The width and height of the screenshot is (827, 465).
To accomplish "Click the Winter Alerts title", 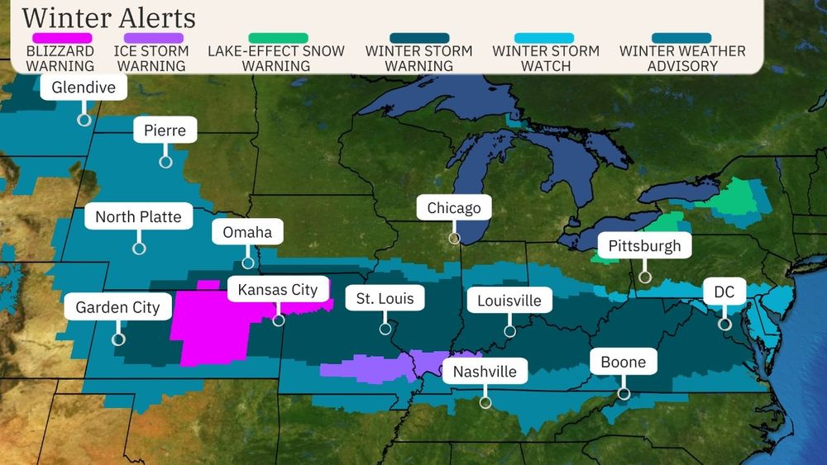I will (x=108, y=17).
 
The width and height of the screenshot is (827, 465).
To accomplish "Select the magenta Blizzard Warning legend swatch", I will (x=62, y=38).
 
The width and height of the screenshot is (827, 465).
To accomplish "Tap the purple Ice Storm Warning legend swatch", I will (x=153, y=38).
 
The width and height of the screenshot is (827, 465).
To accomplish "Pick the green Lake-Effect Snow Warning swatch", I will (x=278, y=38).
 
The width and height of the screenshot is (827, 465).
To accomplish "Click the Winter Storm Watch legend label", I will (x=545, y=58).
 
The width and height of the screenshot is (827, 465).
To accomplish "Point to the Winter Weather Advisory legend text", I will (x=681, y=58).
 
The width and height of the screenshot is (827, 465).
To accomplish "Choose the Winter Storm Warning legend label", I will (x=419, y=58).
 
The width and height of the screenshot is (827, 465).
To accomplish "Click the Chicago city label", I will (x=453, y=208).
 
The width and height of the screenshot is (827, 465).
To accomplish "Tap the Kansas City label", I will (x=277, y=290).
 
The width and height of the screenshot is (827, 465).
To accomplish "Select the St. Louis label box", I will (x=385, y=298).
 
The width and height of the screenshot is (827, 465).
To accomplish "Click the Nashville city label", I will (x=484, y=372).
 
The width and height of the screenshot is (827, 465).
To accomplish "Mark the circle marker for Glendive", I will (x=84, y=119).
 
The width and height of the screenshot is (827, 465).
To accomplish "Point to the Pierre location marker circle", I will (x=165, y=162).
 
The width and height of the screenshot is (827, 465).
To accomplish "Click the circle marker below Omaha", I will (x=247, y=263).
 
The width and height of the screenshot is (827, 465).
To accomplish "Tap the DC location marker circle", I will (x=724, y=324).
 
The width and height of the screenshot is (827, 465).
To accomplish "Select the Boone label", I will (x=623, y=362).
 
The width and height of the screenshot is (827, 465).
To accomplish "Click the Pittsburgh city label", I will (x=644, y=246).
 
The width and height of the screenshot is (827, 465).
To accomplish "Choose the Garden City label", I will (x=117, y=308).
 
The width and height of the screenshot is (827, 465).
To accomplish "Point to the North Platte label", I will (x=138, y=218).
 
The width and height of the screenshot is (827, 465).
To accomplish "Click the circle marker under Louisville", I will (x=509, y=331).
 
